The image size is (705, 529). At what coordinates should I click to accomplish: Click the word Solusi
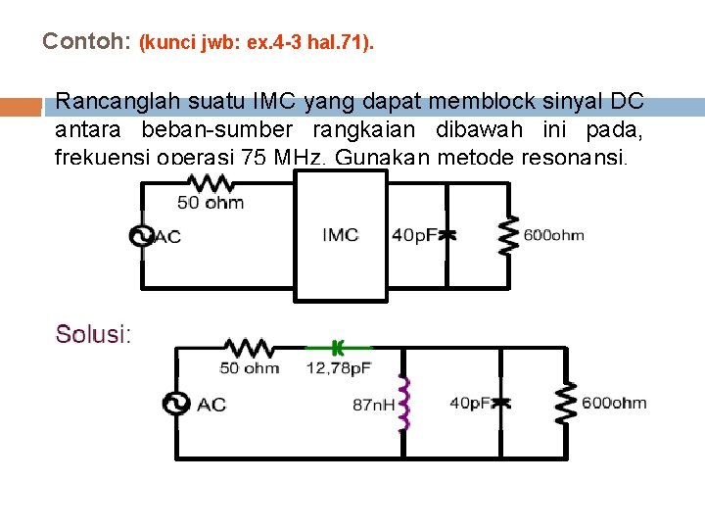(x=91, y=334)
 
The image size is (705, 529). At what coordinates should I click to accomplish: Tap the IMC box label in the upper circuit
(x=341, y=235)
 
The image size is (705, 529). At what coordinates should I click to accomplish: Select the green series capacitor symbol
(x=338, y=347)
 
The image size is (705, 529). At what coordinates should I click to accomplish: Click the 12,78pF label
(x=338, y=368)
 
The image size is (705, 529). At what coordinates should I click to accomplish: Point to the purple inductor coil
(x=401, y=404)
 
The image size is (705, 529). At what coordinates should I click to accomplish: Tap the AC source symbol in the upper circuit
(x=142, y=236)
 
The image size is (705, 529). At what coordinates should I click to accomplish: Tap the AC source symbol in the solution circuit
(x=177, y=404)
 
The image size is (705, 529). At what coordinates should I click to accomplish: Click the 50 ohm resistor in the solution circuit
(x=250, y=347)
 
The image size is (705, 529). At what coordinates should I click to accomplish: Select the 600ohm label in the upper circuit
(x=554, y=235)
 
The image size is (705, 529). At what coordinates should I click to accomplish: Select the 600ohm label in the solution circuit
(x=614, y=403)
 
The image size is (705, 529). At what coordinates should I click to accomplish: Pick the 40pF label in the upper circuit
(x=415, y=235)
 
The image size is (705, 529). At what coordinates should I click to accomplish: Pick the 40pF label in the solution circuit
(x=472, y=403)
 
